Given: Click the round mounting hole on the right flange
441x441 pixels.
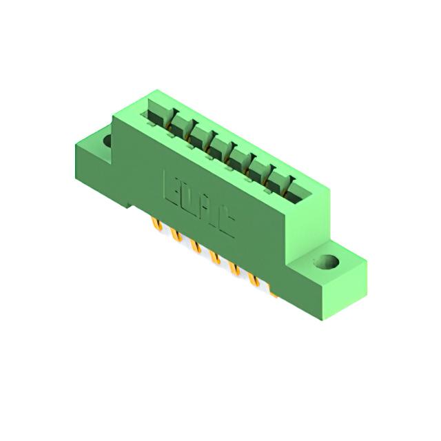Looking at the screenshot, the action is click(327, 262).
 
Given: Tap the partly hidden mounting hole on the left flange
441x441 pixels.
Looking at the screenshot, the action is click(107, 141).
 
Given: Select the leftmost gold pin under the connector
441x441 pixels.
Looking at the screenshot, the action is click(156, 225).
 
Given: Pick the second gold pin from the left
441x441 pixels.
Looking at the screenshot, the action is click(176, 234).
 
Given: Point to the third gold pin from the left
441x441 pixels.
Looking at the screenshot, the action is click(196, 245).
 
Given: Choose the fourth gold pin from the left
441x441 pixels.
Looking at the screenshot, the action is click(215, 257).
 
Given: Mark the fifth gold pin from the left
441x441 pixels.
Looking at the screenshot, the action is click(235, 268).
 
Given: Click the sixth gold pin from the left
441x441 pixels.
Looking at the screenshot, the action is click(254, 279).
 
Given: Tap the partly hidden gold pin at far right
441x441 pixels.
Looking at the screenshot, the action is click(273, 291).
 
